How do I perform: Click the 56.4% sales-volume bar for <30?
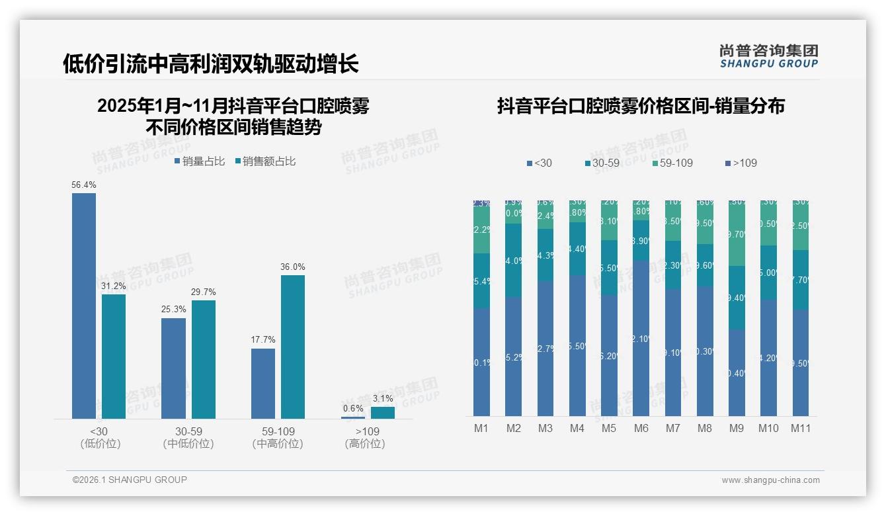(84, 306)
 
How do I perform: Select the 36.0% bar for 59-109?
(293, 347)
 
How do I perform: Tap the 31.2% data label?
(114, 286)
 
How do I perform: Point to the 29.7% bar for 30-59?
(204, 359)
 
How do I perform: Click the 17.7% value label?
(263, 340)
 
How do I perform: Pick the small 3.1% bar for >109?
(383, 413)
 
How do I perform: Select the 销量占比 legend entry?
(200, 161)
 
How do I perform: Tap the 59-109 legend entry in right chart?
(672, 163)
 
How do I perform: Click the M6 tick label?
(641, 428)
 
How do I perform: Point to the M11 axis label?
(801, 428)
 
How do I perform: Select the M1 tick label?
(481, 428)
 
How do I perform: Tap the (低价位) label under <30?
(101, 444)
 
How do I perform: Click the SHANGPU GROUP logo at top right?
(769, 56)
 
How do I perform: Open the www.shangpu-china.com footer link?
(770, 480)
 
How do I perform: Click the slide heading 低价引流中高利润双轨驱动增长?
(211, 64)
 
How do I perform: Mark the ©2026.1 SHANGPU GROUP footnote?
(130, 480)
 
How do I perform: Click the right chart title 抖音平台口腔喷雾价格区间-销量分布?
(641, 106)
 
